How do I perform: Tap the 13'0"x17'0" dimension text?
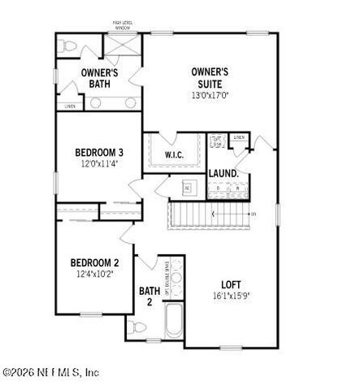[x=209, y=93]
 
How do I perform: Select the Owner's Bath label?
[x=100, y=78]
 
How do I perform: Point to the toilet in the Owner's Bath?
[x=68, y=45]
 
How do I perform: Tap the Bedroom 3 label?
[x=99, y=152]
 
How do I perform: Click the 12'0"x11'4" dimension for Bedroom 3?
[x=99, y=163]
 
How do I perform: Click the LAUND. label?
[x=223, y=174]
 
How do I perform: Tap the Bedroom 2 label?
[x=95, y=262]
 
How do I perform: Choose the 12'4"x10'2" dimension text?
[x=95, y=274]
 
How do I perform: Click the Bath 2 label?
[x=150, y=296]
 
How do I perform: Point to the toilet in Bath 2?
[x=137, y=327]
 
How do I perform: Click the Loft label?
[x=232, y=284]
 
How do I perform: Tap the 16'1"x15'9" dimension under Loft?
[x=232, y=297]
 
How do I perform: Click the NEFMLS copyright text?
[x=50, y=373]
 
